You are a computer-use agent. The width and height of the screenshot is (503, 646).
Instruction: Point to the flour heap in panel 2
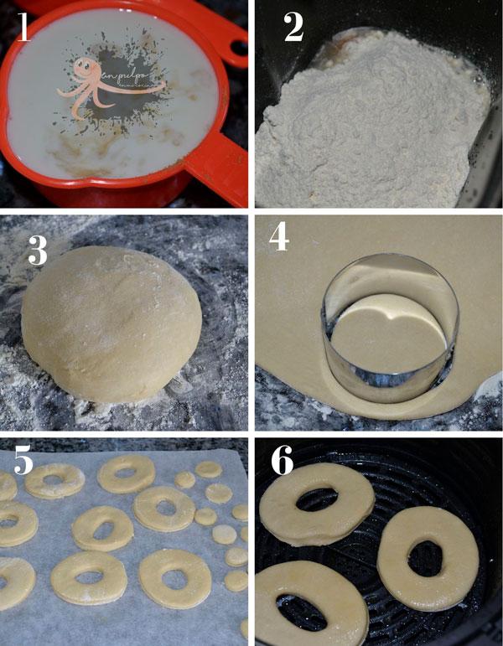(x=369, y=126)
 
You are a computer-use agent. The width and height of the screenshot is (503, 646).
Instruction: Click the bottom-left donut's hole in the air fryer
(x=298, y=610)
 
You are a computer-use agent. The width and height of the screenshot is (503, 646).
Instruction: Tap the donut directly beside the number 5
(x=54, y=481)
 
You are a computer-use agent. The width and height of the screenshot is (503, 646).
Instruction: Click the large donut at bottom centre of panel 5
(x=174, y=578)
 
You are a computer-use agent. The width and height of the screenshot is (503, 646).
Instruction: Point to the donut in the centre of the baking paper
(x=102, y=529)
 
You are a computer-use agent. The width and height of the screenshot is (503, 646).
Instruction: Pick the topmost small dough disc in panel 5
(x=209, y=470)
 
